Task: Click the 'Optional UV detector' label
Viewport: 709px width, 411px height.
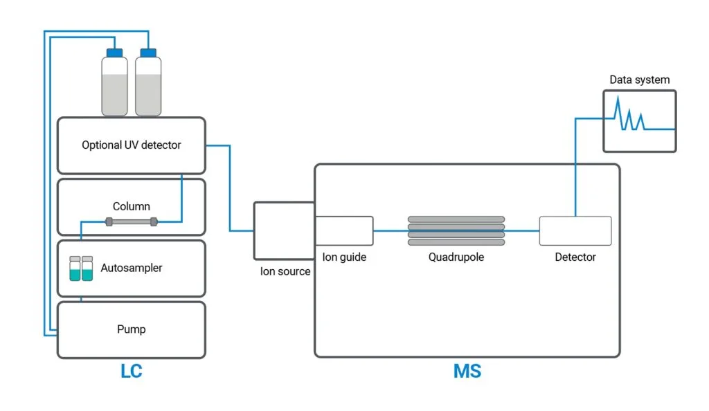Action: pos(131,145)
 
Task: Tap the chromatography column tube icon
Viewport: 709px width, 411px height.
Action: pos(131,222)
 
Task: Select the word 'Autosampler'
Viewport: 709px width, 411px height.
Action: pos(131,268)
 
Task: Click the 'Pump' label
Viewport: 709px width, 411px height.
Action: pos(131,329)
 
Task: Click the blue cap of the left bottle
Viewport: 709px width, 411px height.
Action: pos(114,53)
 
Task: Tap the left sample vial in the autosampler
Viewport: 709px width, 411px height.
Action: pos(75,268)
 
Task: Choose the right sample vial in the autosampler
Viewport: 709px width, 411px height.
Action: pos(87,268)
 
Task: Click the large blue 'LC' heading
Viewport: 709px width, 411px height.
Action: pos(131,372)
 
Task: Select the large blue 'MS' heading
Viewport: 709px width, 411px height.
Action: pos(467,372)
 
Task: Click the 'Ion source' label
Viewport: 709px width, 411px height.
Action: pos(285,271)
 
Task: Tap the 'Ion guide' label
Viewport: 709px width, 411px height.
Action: pos(344,257)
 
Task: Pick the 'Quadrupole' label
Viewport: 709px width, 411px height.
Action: pos(456,257)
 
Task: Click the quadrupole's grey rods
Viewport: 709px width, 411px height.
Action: pos(456,230)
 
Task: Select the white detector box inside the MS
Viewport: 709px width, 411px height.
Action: pos(575,230)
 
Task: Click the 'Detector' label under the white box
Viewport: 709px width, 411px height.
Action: pos(575,257)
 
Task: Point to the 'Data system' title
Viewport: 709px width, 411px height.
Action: pos(639,80)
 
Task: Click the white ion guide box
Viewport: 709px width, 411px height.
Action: pos(344,230)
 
